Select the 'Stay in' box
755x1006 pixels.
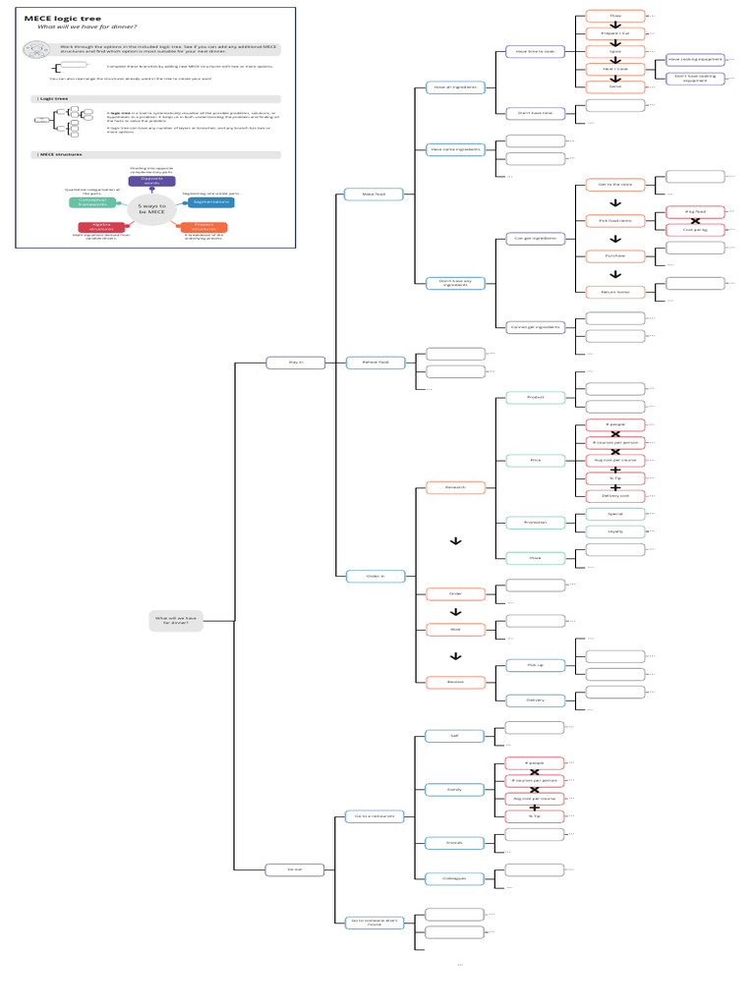point(296,363)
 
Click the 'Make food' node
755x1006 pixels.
point(374,195)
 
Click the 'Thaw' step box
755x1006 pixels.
point(615,16)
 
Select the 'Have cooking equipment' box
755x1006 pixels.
point(695,60)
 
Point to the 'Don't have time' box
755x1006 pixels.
point(535,114)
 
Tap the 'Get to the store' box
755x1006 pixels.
point(615,184)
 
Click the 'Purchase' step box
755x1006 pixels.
point(615,255)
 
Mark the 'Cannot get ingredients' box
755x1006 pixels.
point(535,326)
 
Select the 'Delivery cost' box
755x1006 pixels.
point(615,495)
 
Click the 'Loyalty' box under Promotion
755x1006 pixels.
point(615,531)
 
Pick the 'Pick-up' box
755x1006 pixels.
point(535,665)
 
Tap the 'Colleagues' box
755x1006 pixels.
point(454,878)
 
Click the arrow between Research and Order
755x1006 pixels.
point(455,541)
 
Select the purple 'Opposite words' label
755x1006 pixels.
point(152,182)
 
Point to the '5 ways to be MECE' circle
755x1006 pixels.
point(151,208)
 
